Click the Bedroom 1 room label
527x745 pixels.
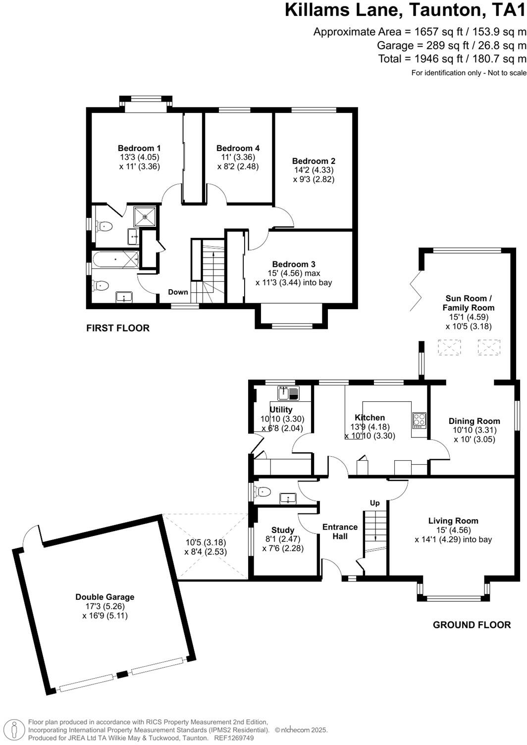pos(139,148)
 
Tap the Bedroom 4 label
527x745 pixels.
pos(238,148)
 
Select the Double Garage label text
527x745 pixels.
pos(105,597)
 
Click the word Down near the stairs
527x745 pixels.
pos(178,292)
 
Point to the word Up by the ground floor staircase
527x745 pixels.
pos(375,503)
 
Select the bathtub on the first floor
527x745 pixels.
pos(115,259)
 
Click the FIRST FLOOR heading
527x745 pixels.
pos(118,328)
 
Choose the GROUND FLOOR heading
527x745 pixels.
pos(472,625)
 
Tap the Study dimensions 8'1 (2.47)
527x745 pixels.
pos(283,539)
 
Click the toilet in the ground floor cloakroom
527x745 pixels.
pos(262,492)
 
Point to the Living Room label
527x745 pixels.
pos(453,521)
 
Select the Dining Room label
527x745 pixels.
pos(474,421)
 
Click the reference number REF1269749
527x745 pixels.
pos(233,738)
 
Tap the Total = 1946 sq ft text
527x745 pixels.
pos(452,59)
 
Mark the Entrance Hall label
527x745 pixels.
pos(340,532)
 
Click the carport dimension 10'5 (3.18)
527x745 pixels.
pos(205,542)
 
